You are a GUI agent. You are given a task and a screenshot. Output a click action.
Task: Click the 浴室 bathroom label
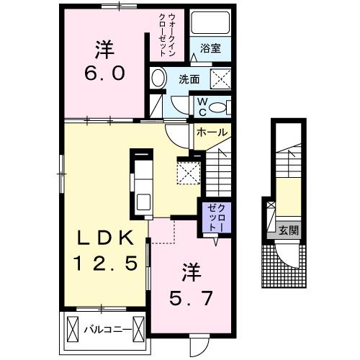point(211,48)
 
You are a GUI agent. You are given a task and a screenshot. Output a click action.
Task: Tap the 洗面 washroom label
point(191,78)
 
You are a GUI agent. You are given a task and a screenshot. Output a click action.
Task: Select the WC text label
point(202,106)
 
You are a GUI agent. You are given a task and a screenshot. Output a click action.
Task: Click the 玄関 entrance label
point(289,231)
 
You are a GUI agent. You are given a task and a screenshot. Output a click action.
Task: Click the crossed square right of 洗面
point(219,78)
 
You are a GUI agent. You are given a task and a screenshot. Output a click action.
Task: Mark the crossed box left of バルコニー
point(73,330)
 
